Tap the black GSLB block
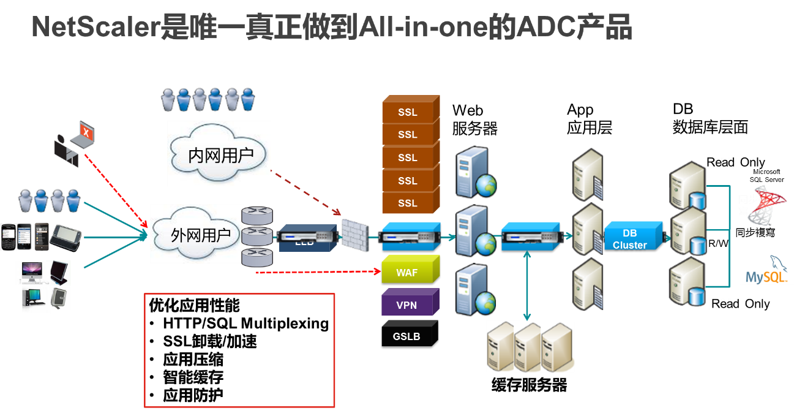point(407,336)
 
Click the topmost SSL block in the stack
point(408,112)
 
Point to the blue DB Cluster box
point(631,239)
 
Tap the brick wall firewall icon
point(353,235)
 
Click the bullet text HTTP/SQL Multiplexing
point(245,324)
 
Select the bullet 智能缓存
point(193,377)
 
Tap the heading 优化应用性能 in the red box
point(194,305)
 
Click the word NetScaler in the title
point(95,28)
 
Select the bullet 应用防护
point(193,395)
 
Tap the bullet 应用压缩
point(193,360)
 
